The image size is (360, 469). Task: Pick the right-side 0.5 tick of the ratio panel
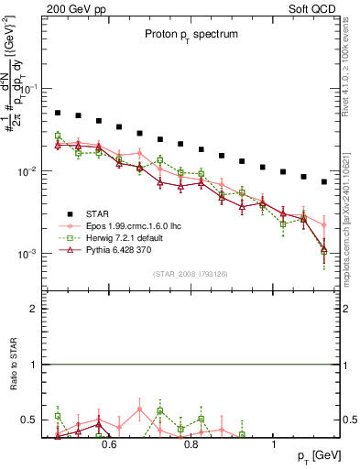click(347, 420)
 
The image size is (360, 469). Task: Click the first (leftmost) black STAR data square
click(58, 113)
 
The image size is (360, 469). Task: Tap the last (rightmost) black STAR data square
click(324, 181)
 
